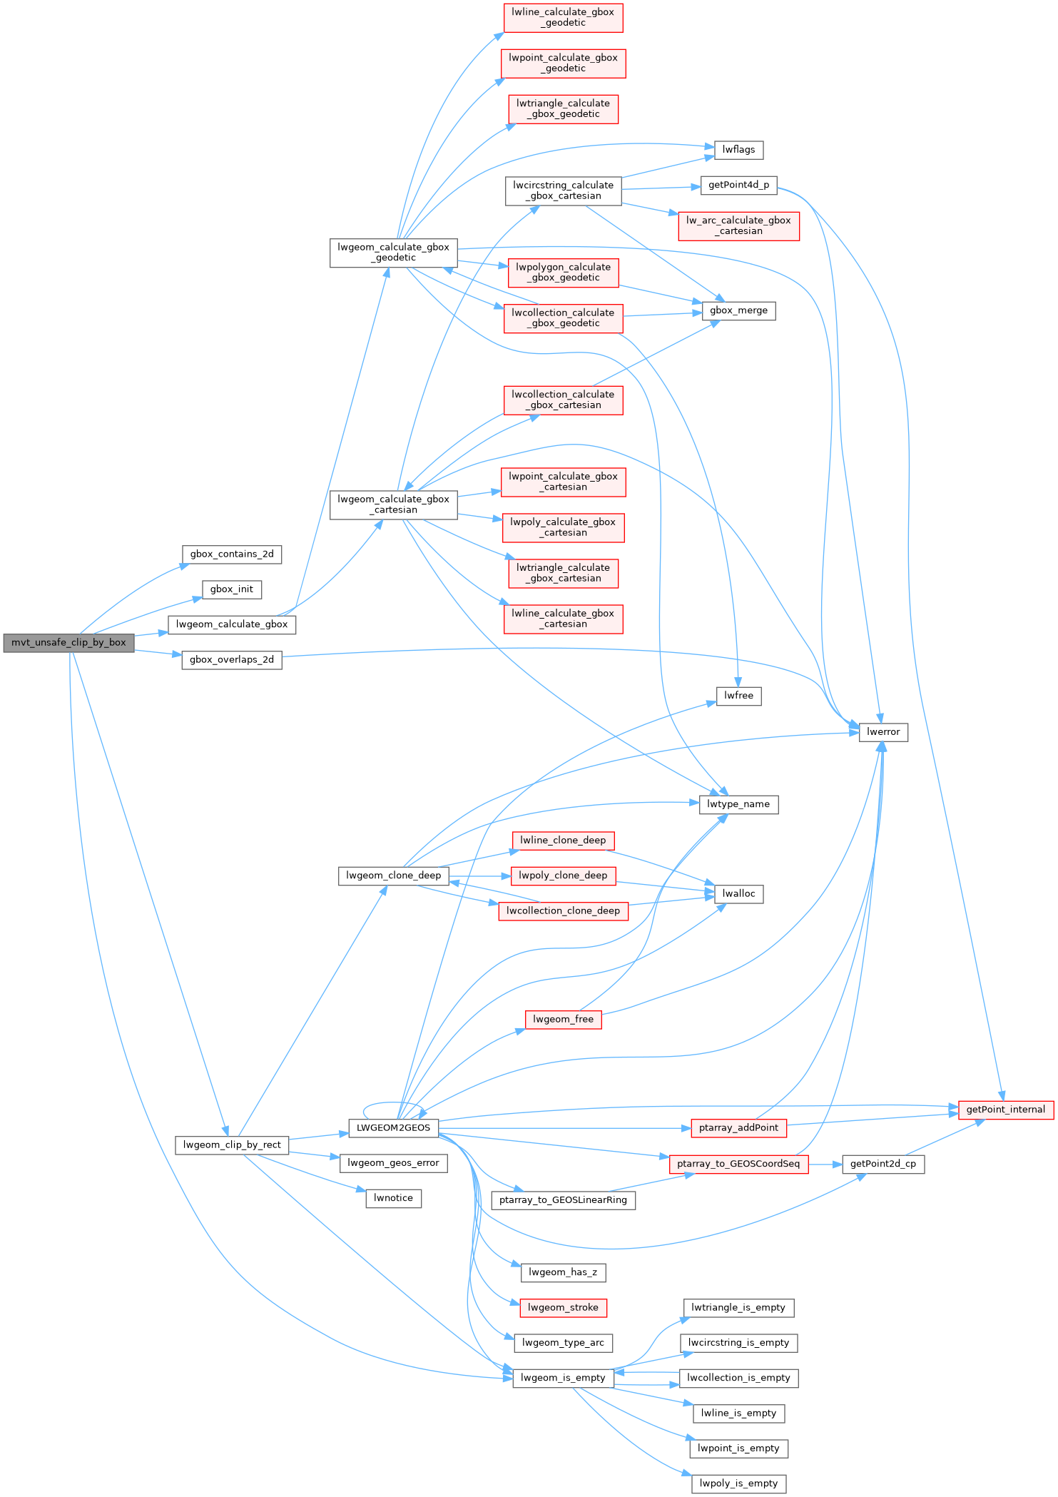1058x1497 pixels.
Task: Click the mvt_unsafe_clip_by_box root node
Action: (68, 642)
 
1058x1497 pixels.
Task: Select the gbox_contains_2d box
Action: (232, 554)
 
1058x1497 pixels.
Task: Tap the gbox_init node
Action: (232, 589)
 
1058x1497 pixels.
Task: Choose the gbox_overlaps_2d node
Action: (232, 659)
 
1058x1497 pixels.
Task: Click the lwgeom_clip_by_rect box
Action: (232, 1145)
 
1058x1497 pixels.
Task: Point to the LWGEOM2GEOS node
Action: (393, 1127)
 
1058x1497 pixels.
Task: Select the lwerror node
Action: (883, 731)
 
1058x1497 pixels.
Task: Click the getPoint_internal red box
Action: (1005, 1109)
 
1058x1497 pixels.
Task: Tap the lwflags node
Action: (738, 149)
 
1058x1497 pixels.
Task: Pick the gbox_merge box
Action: (738, 310)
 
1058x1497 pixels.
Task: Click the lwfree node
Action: (738, 695)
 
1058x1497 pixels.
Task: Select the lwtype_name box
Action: (738, 804)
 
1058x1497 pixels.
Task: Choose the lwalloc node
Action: (738, 893)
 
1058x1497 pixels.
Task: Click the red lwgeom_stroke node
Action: (563, 1307)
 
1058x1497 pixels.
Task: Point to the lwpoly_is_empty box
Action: (738, 1483)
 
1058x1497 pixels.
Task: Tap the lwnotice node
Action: (393, 1197)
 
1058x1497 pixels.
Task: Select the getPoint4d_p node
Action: (738, 185)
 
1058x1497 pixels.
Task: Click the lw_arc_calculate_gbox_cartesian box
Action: (738, 225)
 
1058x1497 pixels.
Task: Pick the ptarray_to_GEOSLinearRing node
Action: (563, 1199)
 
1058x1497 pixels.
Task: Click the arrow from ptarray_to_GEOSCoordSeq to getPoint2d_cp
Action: (825, 1164)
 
